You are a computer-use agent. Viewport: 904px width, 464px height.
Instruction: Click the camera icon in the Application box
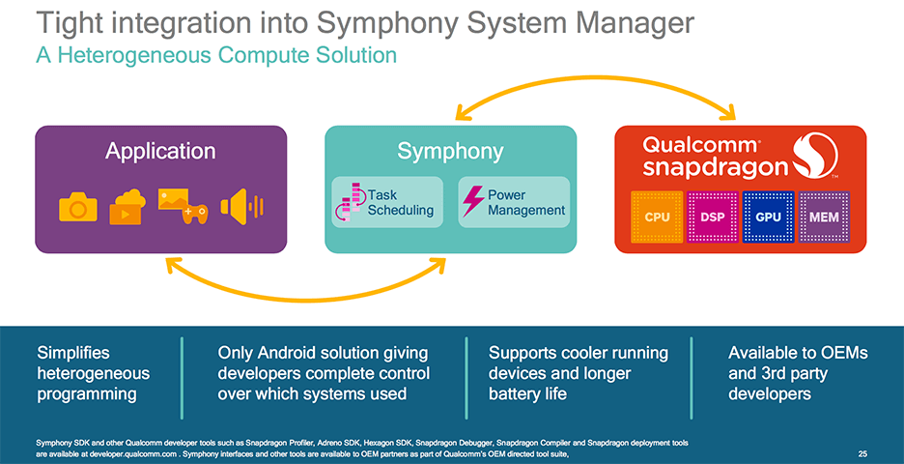[x=78, y=208]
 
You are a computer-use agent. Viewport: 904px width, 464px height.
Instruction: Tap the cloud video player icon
[x=127, y=207]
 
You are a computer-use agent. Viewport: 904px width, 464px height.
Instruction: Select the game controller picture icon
[x=183, y=206]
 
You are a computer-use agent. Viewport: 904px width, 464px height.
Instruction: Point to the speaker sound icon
[x=241, y=207]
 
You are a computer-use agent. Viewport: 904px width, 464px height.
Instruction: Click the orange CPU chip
[x=657, y=217]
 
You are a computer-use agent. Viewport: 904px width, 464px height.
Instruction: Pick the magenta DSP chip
[x=713, y=217]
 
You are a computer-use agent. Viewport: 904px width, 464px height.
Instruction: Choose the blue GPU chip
[x=768, y=217]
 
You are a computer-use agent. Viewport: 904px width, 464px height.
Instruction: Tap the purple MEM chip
[x=824, y=217]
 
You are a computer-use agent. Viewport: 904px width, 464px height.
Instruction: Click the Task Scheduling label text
[x=401, y=203]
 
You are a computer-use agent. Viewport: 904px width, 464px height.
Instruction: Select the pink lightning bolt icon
[x=473, y=201]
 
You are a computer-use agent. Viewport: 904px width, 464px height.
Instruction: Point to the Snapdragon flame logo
[x=815, y=156]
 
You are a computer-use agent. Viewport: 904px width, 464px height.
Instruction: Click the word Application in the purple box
[x=160, y=152]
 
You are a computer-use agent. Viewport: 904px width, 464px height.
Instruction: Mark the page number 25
[x=862, y=454]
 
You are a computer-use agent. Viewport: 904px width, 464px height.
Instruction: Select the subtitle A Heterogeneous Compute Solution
[x=216, y=55]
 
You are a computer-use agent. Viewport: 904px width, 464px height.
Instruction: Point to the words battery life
[x=527, y=394]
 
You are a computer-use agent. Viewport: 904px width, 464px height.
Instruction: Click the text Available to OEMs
[x=798, y=353]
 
